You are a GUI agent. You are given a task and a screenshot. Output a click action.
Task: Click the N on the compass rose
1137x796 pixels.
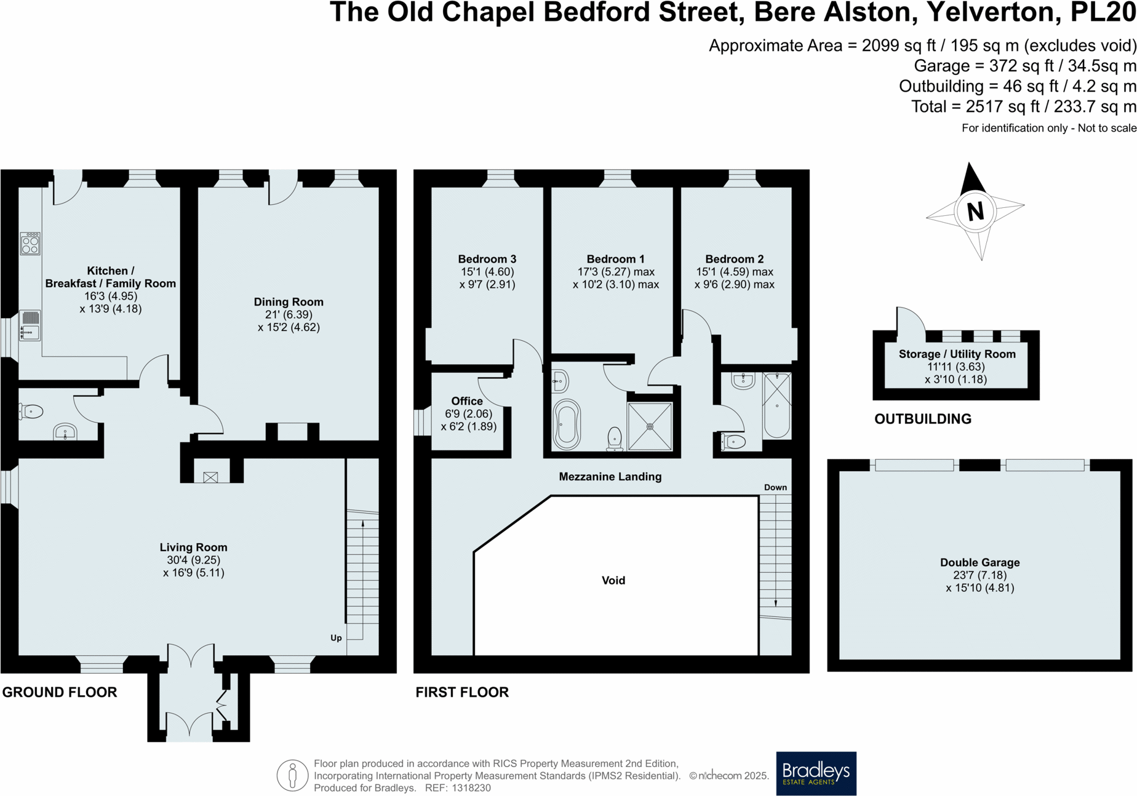click(x=975, y=211)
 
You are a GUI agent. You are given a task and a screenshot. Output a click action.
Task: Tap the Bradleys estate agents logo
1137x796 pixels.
click(x=815, y=773)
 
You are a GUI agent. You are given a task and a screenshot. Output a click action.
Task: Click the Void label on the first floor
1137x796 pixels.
click(x=613, y=580)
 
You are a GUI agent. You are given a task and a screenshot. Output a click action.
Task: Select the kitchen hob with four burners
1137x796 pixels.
click(x=30, y=244)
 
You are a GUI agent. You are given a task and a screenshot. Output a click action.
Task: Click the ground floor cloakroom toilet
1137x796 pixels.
click(x=31, y=411)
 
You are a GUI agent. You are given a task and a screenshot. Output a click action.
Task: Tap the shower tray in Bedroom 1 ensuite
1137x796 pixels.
click(x=650, y=426)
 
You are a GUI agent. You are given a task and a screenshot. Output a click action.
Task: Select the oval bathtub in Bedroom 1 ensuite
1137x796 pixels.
click(x=566, y=424)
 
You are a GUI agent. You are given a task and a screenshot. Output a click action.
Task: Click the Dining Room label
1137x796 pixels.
click(x=288, y=301)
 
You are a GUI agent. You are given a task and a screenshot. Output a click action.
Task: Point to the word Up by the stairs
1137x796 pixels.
click(x=336, y=638)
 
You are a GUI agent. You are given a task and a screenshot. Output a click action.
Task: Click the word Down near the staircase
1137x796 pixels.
click(x=775, y=487)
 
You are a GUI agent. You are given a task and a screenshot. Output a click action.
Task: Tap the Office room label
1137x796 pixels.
click(x=467, y=401)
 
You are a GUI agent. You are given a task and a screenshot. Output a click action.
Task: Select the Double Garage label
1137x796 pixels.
click(x=979, y=562)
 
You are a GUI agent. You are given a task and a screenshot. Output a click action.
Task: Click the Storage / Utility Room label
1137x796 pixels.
click(x=957, y=354)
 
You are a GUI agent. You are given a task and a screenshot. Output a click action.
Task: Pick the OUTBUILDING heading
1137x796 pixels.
click(x=922, y=419)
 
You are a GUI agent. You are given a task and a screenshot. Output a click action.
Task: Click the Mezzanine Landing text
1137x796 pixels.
click(x=610, y=476)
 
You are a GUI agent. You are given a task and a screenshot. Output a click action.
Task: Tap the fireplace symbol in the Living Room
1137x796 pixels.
click(x=210, y=477)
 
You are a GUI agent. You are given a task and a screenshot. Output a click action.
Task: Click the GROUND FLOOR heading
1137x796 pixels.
click(x=59, y=692)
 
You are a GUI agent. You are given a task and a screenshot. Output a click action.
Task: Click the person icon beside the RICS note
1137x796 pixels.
click(x=292, y=775)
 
